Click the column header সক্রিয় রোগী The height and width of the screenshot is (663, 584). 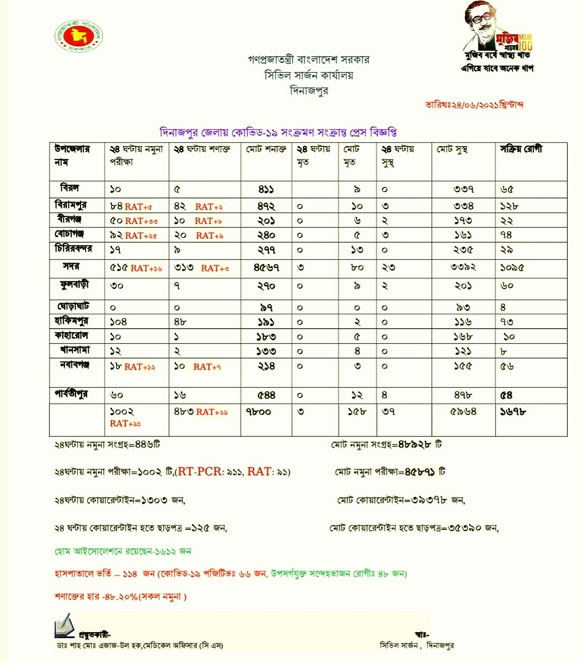521,149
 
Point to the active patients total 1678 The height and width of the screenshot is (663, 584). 515,412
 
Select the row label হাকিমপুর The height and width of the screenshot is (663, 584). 72,320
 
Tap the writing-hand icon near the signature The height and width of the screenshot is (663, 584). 64,624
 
